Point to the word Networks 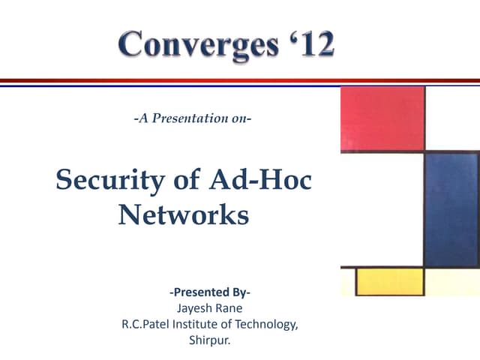coord(183,215)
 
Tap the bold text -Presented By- coord(210,292)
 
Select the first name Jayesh coord(193,307)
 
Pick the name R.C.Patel coord(146,324)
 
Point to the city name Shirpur coord(210,340)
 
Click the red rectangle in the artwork coord(382,118)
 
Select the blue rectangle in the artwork coord(451,209)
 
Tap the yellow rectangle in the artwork coord(390,281)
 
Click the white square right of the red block coord(452,118)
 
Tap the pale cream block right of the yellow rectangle coord(452,281)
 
